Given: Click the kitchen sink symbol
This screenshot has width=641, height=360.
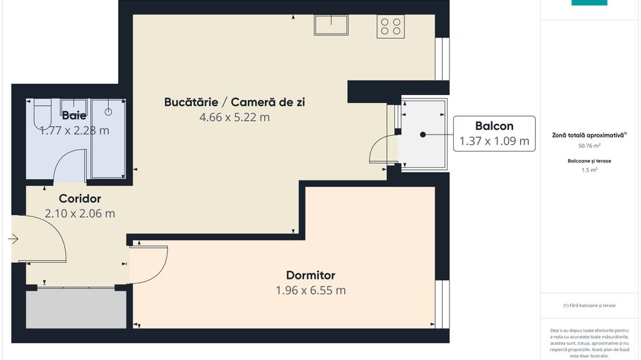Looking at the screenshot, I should coord(331,25).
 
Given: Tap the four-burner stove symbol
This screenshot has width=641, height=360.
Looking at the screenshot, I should coord(390,26).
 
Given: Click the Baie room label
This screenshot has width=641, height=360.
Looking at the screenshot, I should coord(74,115).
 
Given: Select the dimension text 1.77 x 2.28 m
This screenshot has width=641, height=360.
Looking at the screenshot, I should coord(74,130).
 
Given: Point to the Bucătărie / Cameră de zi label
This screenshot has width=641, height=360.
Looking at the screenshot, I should coord(234,102).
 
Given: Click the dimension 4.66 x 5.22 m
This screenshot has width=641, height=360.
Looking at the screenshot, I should coord(234,117).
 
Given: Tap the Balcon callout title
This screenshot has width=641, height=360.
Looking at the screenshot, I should coord(494,126).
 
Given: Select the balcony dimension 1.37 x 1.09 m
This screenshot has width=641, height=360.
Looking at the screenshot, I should coord(494,141).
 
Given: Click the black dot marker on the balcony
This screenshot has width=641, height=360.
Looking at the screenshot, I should coord(423,135).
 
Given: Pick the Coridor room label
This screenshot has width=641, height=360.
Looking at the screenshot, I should coord(80,199).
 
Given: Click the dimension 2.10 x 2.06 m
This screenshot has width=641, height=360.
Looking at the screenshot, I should coord(80,213).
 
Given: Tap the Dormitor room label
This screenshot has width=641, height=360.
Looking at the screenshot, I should coord(310,275).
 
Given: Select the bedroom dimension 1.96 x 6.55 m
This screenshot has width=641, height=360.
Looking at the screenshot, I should coord(310,290).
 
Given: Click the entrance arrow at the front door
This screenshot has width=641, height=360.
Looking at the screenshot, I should coord(14,238).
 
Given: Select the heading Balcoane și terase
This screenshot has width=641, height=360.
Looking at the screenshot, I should coord(588,161).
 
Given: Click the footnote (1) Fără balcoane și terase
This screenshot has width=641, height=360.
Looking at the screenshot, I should coord(589,305).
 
